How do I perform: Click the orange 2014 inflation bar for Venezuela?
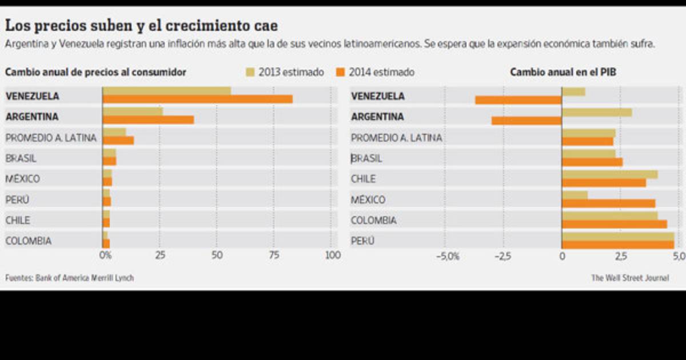tap(197, 99)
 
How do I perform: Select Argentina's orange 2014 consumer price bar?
tap(148, 120)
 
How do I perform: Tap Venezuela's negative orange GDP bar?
tap(519, 100)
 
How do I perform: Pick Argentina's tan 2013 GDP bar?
tap(597, 112)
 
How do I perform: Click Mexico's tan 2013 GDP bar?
tap(575, 195)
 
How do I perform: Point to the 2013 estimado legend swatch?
tap(250, 72)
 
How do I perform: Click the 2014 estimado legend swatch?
tap(341, 72)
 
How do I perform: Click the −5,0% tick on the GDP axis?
tap(448, 255)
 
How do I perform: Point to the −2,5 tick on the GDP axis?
tap(503, 255)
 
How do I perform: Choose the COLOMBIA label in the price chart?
tap(28, 241)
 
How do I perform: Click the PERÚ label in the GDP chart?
tap(362, 241)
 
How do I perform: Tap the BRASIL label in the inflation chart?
tap(21, 158)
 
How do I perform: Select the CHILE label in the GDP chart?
tap(363, 179)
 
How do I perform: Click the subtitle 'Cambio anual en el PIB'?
tap(563, 72)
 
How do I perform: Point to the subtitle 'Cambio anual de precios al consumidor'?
tap(95, 72)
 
